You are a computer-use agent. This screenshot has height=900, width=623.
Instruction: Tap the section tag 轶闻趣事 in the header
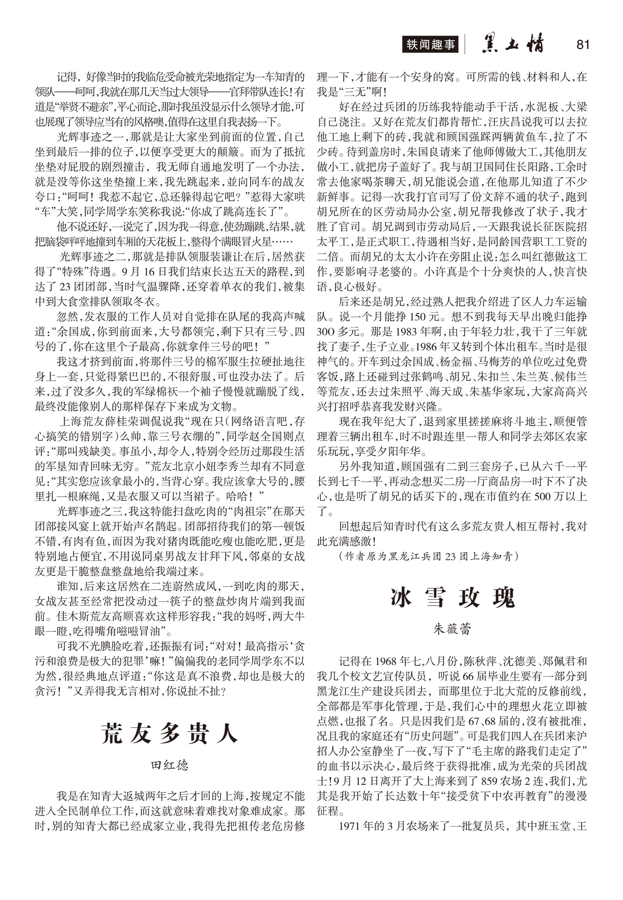point(430,45)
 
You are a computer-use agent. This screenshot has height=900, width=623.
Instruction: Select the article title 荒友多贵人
point(169,733)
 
